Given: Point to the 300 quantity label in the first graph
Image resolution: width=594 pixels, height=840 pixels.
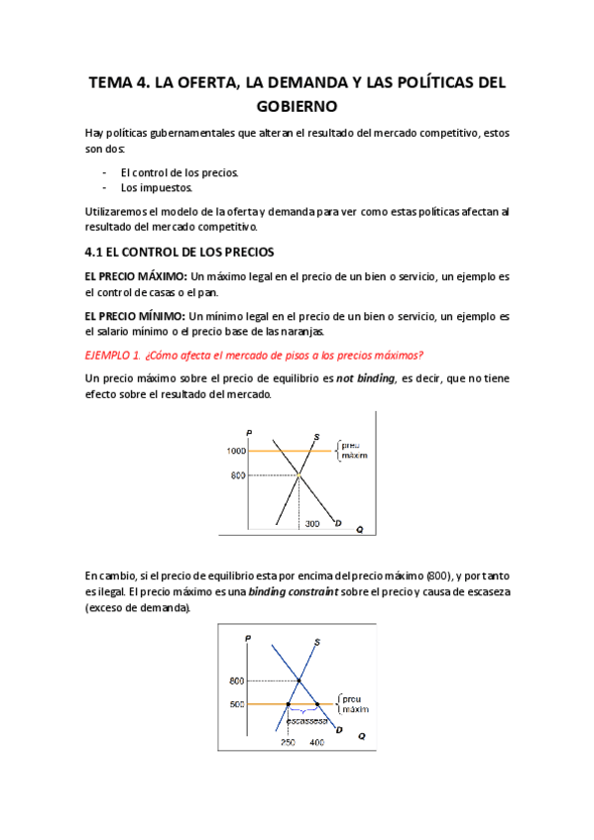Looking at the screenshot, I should click(x=312, y=523).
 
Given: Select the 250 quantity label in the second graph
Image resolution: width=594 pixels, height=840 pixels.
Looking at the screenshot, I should click(x=288, y=742).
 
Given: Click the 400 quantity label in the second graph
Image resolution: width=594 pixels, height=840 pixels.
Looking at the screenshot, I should click(x=316, y=742).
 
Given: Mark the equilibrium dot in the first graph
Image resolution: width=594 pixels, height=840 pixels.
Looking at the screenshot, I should click(x=298, y=475).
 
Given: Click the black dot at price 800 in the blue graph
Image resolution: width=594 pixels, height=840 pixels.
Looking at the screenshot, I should click(x=299, y=681).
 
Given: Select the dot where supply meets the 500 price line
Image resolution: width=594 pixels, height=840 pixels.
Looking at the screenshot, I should click(x=288, y=704).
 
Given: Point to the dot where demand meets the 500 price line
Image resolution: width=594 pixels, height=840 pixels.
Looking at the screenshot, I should click(x=316, y=704).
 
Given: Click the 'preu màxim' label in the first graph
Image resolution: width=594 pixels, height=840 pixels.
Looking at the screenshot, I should click(x=353, y=452).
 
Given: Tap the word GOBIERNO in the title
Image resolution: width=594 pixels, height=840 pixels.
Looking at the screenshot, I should click(x=297, y=106).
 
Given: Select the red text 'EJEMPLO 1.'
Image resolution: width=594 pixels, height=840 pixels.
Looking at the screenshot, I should click(x=113, y=356).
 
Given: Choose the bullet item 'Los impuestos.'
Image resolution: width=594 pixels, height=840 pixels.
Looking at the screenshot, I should click(x=157, y=187).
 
